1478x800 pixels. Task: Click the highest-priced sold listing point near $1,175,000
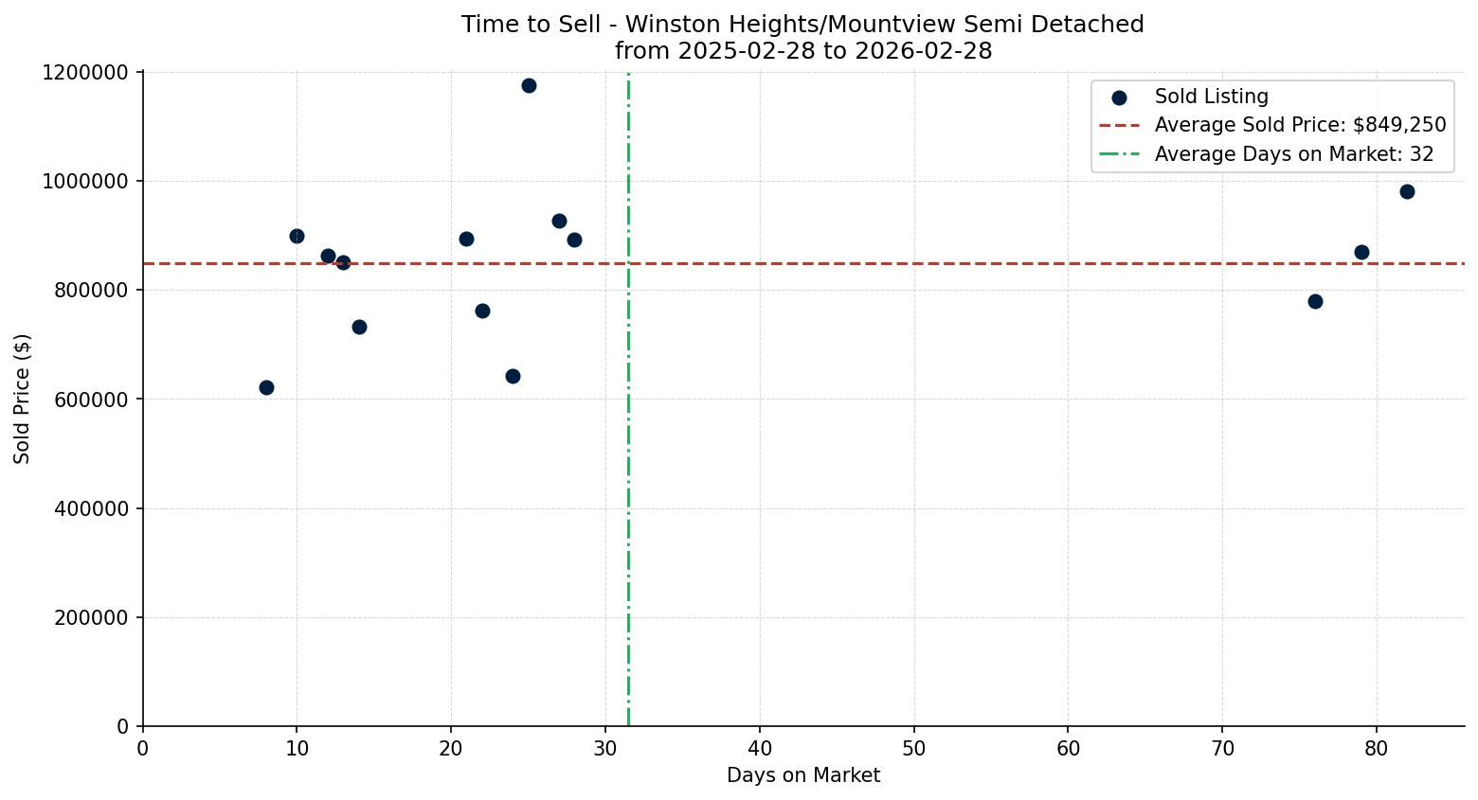click(529, 85)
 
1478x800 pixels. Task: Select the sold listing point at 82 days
click(1407, 191)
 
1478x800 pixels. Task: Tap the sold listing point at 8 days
click(266, 387)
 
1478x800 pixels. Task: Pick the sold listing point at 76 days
click(1315, 301)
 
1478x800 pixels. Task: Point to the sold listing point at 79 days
click(1361, 252)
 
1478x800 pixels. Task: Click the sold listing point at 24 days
click(513, 376)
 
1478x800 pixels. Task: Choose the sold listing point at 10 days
click(297, 236)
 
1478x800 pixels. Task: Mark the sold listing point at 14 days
click(359, 327)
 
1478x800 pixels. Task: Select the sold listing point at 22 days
click(482, 311)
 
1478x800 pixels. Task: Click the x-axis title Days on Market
click(803, 775)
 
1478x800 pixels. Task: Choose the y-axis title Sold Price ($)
click(23, 399)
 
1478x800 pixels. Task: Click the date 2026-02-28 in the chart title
click(924, 51)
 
